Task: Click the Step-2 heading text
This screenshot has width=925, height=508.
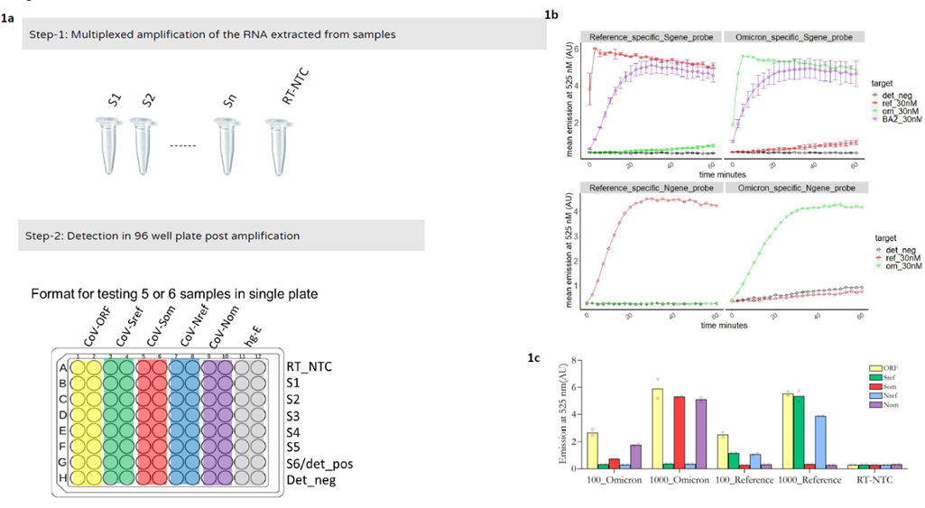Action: (162, 236)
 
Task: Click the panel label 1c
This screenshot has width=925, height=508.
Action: (534, 358)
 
